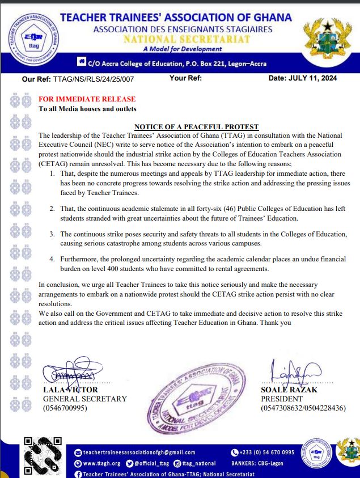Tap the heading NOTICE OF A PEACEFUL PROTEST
point(196,127)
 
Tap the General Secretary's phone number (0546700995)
point(66,408)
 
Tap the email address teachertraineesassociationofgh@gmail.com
point(139,452)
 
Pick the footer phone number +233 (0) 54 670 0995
point(266,452)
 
